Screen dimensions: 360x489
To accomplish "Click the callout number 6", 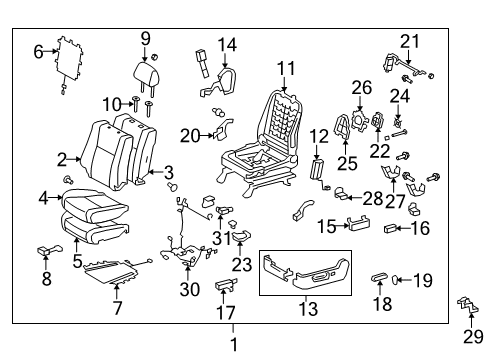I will [39, 51].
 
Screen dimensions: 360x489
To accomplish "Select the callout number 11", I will [287, 68].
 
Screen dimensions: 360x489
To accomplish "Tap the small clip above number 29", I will [466, 327].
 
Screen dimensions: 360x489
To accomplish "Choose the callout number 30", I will [189, 292].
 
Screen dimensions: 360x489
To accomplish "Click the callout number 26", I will [361, 89].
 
